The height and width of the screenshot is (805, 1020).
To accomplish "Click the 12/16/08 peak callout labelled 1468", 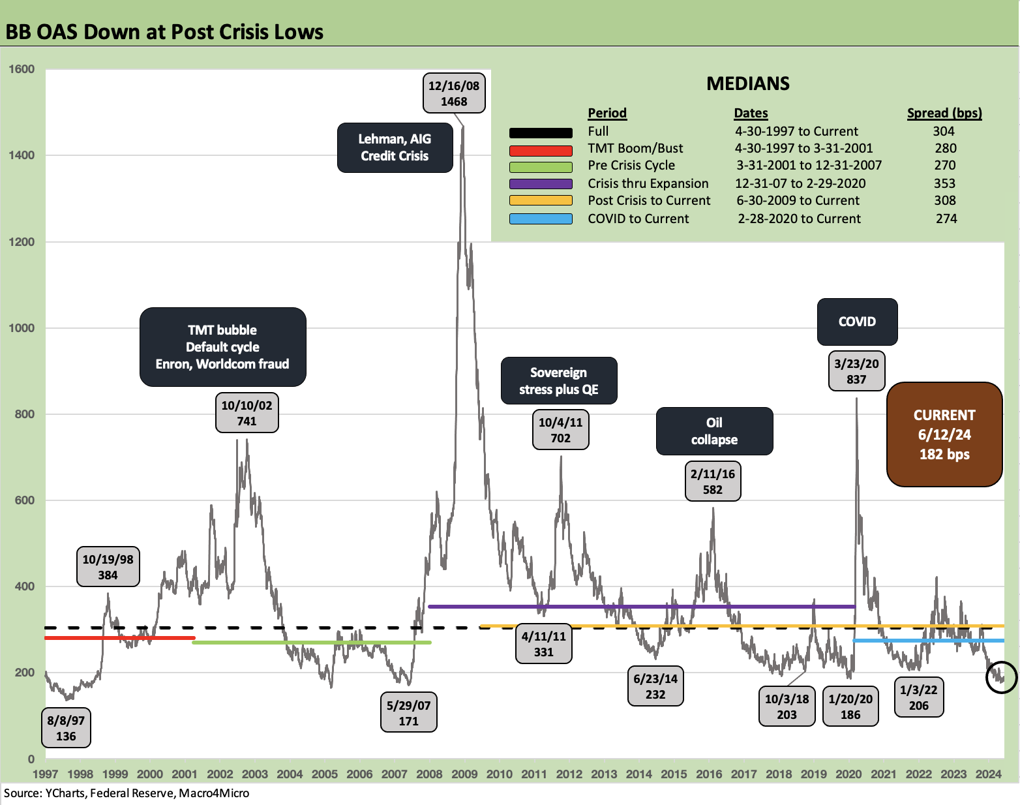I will pos(453,93).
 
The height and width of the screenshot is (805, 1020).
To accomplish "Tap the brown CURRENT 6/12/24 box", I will pos(944,434).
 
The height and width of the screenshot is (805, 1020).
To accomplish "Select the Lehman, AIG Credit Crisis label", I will pos(395,147).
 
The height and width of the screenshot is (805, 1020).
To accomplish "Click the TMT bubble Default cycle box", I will pos(222,347).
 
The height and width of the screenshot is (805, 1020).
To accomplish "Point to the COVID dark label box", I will pos(857,322).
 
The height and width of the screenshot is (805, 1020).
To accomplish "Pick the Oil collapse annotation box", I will pos(714,431).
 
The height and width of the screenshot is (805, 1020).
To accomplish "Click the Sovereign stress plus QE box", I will pos(558,381).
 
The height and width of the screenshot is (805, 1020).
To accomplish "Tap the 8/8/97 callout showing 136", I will pos(66,728).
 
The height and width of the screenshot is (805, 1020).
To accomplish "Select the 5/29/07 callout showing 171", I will pos(408,713).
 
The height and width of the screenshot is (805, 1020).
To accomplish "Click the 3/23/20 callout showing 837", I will pos(856,371).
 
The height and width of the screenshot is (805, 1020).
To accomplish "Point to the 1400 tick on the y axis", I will pos(22,155).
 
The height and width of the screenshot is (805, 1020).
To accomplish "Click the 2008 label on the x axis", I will pos(429,774).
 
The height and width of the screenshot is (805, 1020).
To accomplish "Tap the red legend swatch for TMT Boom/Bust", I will pos(541,149).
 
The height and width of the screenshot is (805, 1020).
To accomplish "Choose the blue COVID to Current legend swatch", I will pos(541,219).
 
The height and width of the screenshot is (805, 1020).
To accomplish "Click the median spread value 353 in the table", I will pos(944,183).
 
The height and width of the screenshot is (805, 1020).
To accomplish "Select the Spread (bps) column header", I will pos(944,113).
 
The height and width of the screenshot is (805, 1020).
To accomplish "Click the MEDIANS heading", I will pos(748,84).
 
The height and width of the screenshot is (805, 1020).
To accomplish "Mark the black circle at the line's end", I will pos(1001,676).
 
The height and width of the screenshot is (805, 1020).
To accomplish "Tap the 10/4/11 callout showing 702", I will pos(560,430).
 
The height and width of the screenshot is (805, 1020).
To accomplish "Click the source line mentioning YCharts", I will pos(127,793).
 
